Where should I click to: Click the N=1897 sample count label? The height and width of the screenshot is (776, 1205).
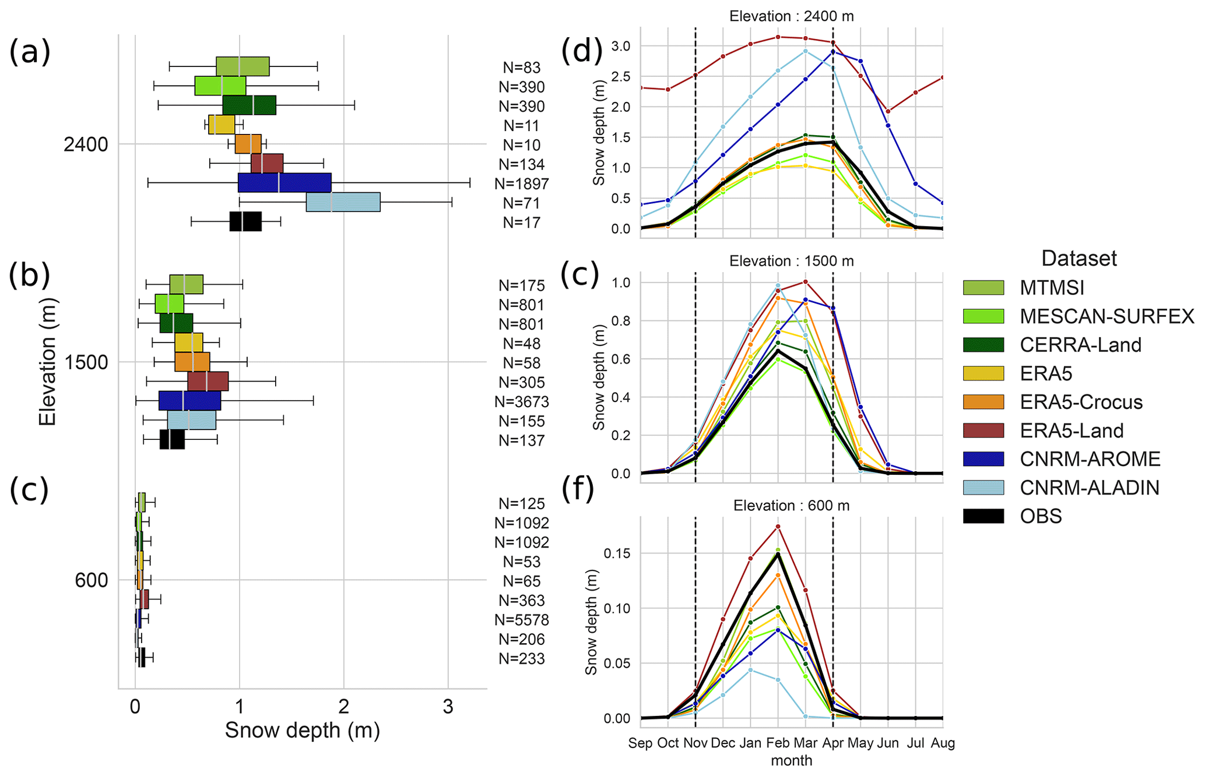(521, 184)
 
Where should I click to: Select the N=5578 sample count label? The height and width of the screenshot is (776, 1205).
(521, 620)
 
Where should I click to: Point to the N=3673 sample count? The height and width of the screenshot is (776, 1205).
(521, 402)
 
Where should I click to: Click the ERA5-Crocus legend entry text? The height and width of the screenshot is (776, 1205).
(1081, 402)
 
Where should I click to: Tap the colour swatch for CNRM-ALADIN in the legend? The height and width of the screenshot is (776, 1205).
(983, 488)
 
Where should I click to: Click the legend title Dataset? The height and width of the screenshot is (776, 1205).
(1078, 259)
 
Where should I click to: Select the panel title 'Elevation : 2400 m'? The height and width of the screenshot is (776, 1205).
(791, 16)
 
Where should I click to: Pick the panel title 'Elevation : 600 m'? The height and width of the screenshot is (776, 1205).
(791, 506)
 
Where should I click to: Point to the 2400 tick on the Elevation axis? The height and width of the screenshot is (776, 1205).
(86, 144)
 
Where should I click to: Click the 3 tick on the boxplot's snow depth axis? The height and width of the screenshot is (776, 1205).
(448, 707)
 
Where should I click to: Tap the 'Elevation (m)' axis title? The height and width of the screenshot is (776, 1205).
(48, 362)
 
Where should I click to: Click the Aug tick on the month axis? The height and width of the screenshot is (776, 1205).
(943, 743)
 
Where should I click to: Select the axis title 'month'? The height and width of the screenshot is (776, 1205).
(791, 761)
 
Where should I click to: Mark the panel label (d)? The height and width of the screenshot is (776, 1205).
(581, 51)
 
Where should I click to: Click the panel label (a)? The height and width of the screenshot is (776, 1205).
(29, 52)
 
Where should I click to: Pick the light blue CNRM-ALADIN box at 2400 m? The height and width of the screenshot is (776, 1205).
(343, 202)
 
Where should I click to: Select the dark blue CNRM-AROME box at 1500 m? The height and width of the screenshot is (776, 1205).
(189, 401)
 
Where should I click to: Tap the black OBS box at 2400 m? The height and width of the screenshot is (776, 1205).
(245, 221)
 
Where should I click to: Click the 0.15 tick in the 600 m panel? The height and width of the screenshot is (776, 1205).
(617, 553)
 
